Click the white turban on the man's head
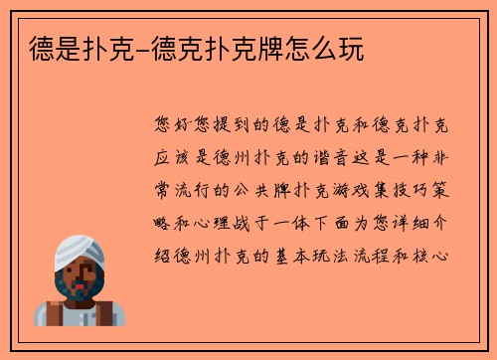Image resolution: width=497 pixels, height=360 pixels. pyautogui.click(x=78, y=250)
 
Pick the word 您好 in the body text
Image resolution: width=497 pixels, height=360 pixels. pyautogui.click(x=175, y=126)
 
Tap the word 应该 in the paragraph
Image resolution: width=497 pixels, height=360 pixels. pyautogui.click(x=175, y=158)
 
